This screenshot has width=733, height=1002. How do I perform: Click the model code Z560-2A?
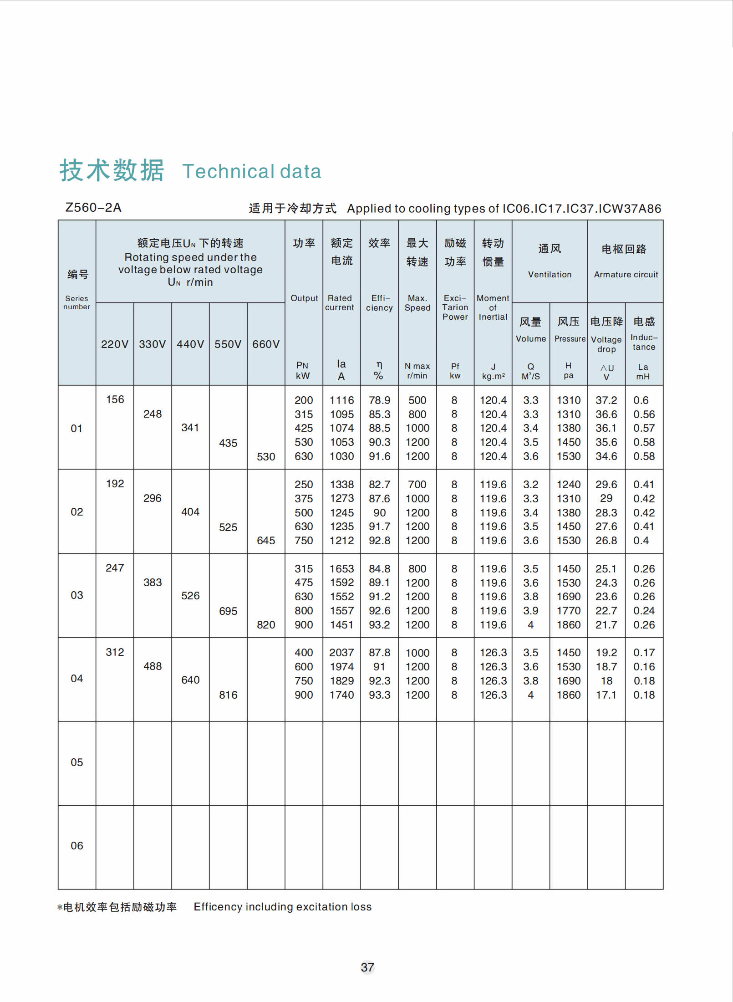click(x=93, y=208)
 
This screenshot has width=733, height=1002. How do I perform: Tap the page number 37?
click(x=367, y=967)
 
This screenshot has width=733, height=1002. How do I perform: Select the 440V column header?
click(x=190, y=344)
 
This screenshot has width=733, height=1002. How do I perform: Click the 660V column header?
click(x=266, y=344)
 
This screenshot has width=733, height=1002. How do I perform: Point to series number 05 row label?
click(x=77, y=762)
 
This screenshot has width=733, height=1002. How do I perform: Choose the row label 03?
click(x=77, y=595)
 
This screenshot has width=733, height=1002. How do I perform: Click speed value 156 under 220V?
click(x=115, y=399)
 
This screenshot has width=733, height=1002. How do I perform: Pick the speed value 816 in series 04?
click(x=228, y=695)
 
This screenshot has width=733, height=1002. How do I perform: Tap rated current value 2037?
click(x=341, y=653)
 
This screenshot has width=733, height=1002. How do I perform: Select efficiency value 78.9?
click(x=379, y=400)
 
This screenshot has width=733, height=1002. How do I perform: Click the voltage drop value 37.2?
click(x=606, y=400)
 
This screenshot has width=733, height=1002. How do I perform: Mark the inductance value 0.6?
click(x=641, y=400)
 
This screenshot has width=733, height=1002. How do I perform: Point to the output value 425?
click(x=304, y=428)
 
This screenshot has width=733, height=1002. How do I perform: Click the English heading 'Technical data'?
click(x=252, y=172)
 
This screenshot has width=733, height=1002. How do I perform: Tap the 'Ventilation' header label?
click(x=550, y=275)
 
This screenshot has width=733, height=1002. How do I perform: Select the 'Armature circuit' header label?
click(x=626, y=275)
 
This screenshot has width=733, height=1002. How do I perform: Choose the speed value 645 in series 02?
click(x=266, y=541)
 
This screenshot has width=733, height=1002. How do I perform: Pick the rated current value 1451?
click(x=341, y=625)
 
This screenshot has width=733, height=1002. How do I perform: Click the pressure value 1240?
click(x=569, y=485)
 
